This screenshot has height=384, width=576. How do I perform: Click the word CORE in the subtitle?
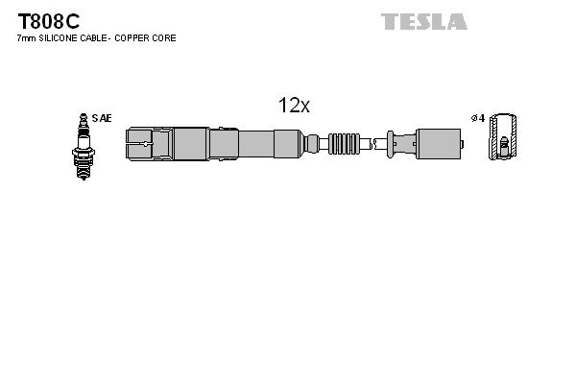165,38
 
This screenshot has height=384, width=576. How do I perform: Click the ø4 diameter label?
477,118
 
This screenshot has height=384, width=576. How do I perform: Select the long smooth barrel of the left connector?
254,145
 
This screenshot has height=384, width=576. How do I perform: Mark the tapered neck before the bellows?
313,145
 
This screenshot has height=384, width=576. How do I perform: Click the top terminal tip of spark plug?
83,116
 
